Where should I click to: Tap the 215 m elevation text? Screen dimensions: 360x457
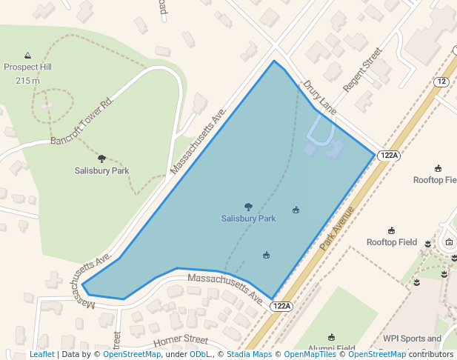tap(28, 80)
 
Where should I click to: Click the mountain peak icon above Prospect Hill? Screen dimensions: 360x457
tap(28, 56)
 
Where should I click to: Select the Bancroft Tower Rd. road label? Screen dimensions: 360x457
tap(81, 121)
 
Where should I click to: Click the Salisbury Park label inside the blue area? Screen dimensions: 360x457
tap(248, 219)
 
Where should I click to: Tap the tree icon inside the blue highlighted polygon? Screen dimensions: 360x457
tap(248, 207)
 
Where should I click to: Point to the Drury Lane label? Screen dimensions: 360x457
tap(319, 97)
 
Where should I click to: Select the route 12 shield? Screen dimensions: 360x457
tap(441, 81)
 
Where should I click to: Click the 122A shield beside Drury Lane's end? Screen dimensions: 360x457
tap(388, 156)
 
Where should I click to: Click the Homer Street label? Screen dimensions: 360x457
tap(181, 340)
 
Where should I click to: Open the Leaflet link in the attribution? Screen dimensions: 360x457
tap(41, 355)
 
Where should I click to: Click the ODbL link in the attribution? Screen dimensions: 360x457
tap(200, 355)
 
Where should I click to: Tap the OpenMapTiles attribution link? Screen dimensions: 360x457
tap(310, 355)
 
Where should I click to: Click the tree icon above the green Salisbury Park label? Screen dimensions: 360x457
tap(101, 159)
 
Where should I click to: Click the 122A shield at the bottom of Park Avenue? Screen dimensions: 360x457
tap(281, 306)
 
